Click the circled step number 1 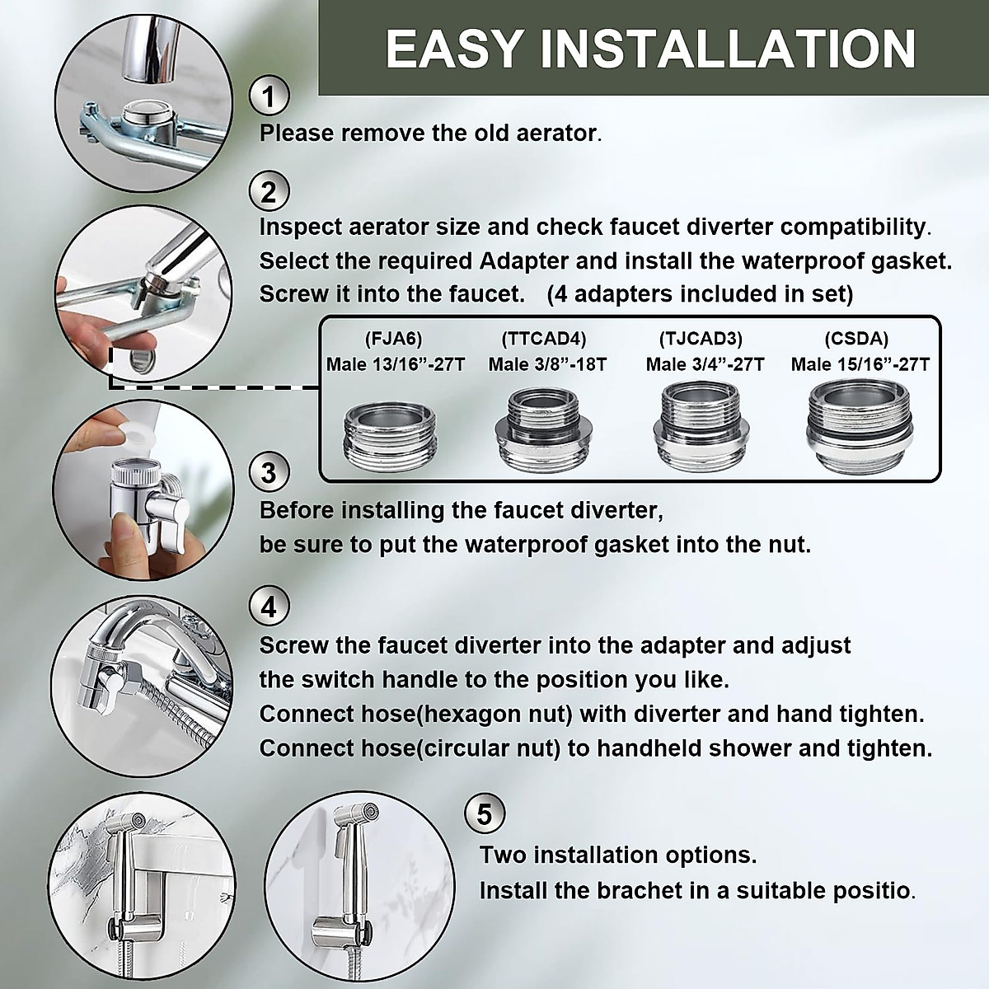(269, 96)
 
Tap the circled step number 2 (269, 191)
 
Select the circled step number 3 (269, 473)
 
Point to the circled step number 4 (269, 607)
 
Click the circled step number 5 (485, 813)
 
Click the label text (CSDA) (861, 338)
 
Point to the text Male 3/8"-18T (547, 364)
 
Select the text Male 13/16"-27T (396, 364)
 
